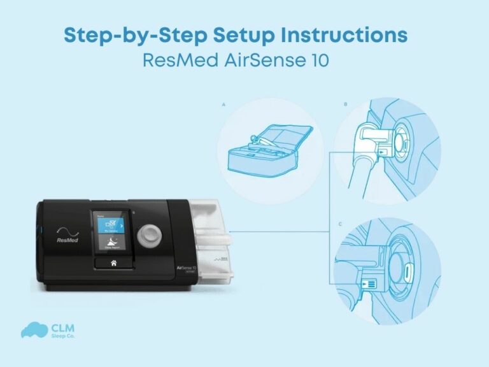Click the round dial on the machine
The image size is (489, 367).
coord(150,232)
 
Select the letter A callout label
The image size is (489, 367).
coord(223,103)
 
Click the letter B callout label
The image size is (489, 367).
coord(344,103)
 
